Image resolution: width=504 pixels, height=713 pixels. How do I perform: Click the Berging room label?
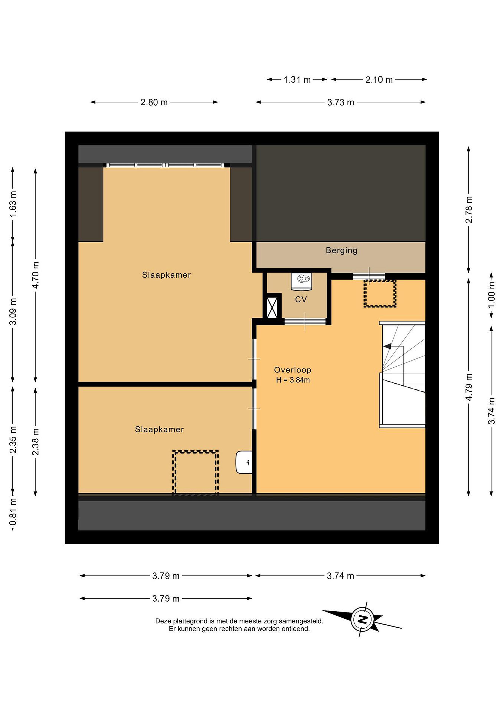[x=341, y=251]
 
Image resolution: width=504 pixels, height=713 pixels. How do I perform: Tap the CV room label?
[x=301, y=299]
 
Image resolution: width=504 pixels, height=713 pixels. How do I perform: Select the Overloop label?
[x=292, y=370]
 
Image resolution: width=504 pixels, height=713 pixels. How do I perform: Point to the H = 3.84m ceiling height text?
[x=293, y=380]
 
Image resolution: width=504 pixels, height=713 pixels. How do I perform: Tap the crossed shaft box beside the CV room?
[x=272, y=307]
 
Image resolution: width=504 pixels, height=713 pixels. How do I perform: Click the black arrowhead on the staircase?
[x=387, y=346]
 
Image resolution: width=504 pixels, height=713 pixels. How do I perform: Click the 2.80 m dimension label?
[x=154, y=102]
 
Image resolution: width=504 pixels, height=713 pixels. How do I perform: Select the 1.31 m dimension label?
[x=297, y=80]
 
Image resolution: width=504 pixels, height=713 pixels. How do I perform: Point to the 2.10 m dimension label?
[x=379, y=80]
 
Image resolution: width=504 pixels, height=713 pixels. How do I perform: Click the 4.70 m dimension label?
[x=35, y=275]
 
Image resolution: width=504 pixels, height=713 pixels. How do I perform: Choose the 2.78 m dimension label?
[x=469, y=210]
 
